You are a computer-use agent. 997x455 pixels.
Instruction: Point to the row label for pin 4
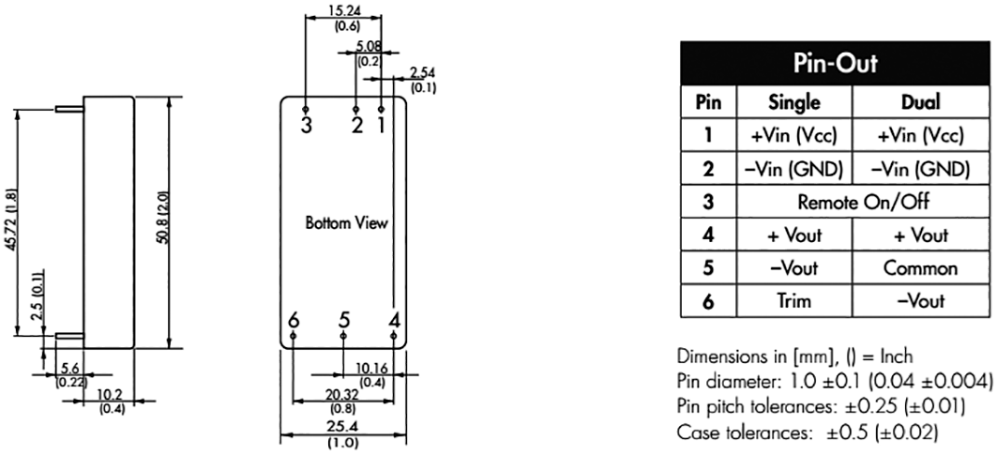(x=708, y=235)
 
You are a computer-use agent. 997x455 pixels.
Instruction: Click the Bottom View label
(x=345, y=224)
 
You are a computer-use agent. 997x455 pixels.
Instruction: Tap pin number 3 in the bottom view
(x=306, y=123)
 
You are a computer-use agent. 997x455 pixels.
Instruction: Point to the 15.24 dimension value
(x=343, y=13)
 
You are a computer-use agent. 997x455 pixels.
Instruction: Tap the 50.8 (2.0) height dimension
(x=161, y=220)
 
